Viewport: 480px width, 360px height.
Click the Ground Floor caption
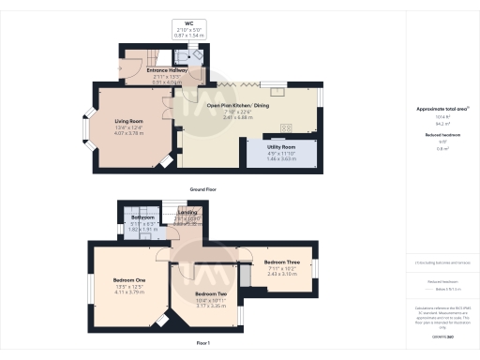204,190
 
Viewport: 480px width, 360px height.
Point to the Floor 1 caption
204,343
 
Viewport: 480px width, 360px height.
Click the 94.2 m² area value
441,123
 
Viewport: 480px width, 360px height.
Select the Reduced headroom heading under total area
441,136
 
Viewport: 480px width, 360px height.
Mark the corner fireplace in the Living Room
166,162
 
